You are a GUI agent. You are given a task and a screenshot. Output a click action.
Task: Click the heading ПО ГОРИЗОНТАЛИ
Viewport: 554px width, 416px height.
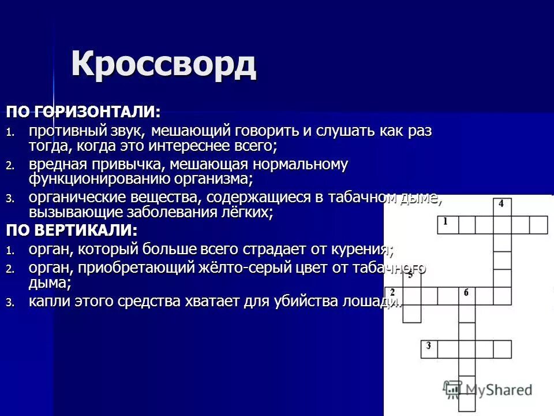pos(83,110)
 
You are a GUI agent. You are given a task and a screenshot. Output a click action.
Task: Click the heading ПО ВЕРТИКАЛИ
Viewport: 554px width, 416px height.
pos(72,230)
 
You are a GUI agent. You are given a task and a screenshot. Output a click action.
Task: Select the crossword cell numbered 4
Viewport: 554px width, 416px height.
pos(502,206)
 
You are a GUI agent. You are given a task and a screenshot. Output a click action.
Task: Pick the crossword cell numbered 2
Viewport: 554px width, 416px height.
pos(394,295)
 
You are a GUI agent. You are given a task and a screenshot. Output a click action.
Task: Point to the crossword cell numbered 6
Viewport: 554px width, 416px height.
pos(466,295)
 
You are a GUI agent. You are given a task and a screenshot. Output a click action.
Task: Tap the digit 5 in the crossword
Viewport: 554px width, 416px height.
pos(410,276)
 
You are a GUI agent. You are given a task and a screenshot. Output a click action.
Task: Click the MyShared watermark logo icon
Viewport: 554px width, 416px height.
pos(451,389)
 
